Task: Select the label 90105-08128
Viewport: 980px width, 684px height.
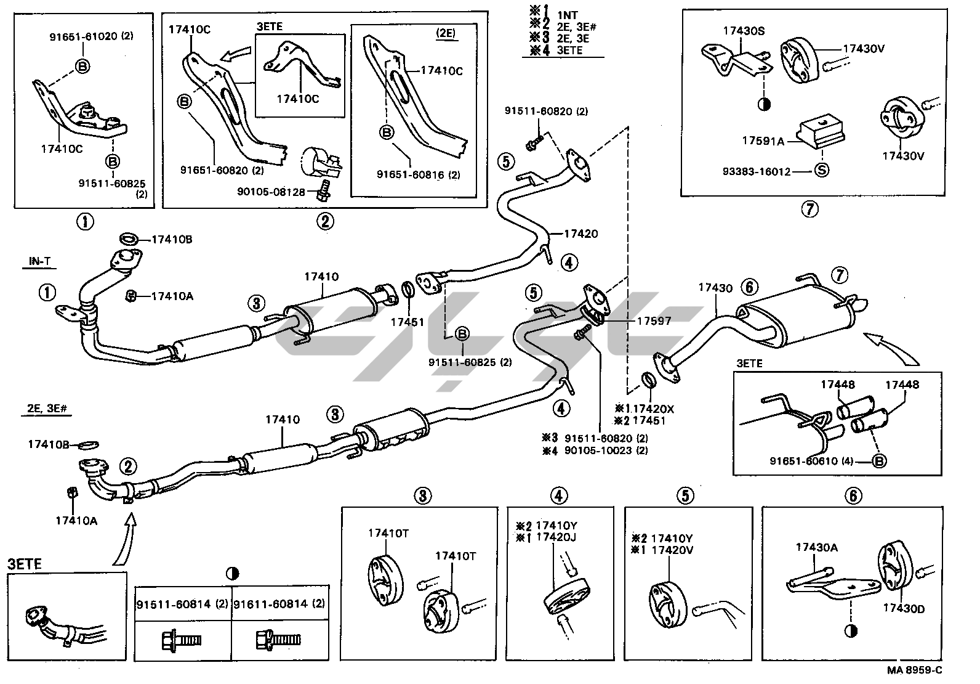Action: (271, 192)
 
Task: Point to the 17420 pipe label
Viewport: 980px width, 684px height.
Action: (580, 234)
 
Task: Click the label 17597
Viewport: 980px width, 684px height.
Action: (654, 321)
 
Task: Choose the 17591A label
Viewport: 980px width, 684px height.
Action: (763, 142)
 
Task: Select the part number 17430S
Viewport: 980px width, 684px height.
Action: (744, 30)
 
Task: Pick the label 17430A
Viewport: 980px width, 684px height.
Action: (816, 547)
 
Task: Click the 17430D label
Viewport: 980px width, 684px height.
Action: (904, 609)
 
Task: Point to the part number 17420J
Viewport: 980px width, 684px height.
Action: (556, 537)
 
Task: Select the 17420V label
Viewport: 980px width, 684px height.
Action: (672, 549)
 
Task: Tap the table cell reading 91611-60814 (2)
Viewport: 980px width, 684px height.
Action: (278, 605)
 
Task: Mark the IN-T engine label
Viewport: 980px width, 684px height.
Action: (39, 262)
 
